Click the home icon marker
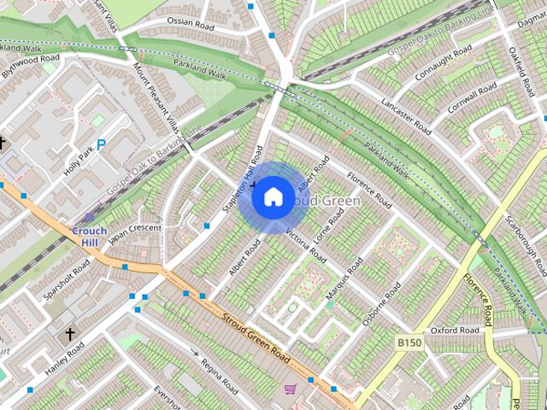click(273, 196)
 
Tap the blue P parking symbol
click(101, 145)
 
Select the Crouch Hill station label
click(89, 237)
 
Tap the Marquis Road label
click(344, 278)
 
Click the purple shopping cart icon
click(290, 389)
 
